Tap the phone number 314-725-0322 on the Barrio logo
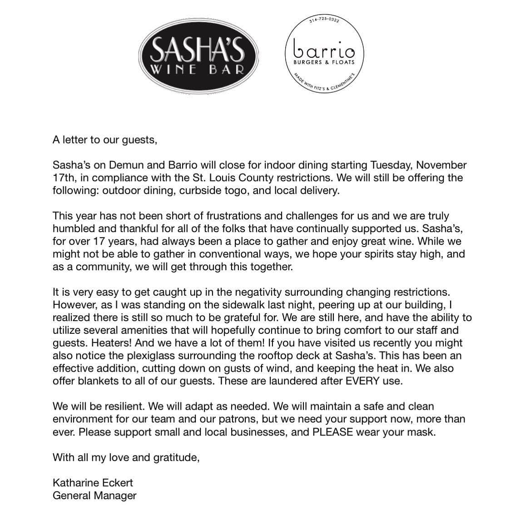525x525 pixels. pos(324,20)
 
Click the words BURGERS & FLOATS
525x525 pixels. pos(324,62)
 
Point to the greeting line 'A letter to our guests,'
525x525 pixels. pos(104,140)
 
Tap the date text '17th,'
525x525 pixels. pos(65,178)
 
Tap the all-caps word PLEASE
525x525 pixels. pos(333,432)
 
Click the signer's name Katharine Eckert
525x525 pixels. pos(93,483)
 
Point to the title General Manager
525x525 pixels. pos(94,495)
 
